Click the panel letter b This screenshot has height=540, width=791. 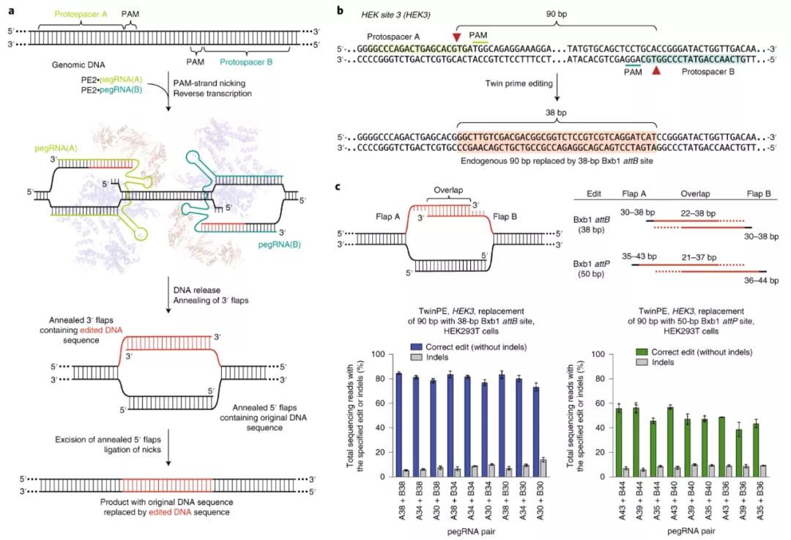coord(339,10)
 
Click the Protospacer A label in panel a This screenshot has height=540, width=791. coord(77,12)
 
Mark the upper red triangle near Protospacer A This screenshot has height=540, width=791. coord(457,37)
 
